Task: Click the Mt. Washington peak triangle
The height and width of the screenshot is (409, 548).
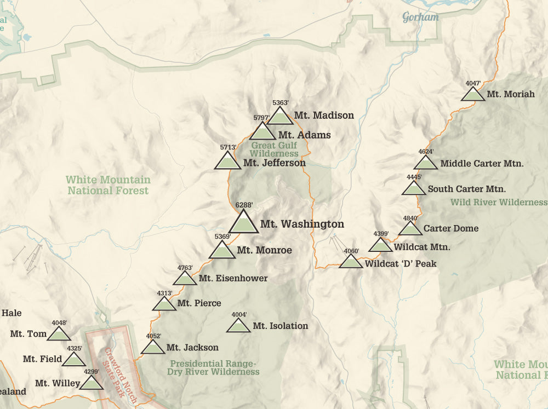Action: (242, 223)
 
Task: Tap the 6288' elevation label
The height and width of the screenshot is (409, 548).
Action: (244, 205)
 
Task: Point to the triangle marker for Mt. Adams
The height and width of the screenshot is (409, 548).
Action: (262, 132)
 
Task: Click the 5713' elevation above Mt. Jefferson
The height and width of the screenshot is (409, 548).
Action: (228, 147)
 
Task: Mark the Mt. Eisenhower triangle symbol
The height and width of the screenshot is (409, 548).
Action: (185, 279)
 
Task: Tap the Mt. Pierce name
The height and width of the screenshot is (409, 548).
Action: (199, 303)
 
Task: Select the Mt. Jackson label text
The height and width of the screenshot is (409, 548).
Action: (192, 348)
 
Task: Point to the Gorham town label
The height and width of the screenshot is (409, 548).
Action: (421, 17)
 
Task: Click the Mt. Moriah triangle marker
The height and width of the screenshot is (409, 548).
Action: (473, 95)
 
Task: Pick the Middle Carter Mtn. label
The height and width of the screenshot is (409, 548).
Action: (482, 163)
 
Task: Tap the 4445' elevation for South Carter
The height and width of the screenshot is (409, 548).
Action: (414, 177)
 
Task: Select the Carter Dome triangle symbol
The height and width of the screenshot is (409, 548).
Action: (410, 229)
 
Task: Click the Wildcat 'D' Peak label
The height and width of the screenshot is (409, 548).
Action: (401, 264)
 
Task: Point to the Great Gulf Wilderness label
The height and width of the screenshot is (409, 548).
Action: (275, 149)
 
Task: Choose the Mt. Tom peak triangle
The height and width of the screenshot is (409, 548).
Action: (59, 334)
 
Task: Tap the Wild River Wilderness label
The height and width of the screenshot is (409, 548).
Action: (499, 203)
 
